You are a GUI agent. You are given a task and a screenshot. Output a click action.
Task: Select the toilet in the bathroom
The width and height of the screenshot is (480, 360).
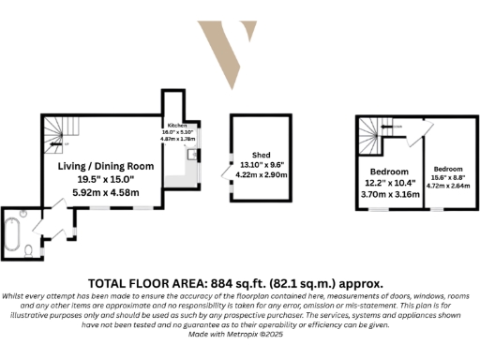click(30, 250)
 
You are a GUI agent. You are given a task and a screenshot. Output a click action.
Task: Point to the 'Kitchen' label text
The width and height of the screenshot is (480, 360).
click(178, 126)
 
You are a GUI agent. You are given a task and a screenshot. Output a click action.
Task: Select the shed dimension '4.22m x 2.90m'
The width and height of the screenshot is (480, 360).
click(261, 175)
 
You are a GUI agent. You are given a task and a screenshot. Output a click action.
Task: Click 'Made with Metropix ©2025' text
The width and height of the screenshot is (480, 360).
click(239, 334)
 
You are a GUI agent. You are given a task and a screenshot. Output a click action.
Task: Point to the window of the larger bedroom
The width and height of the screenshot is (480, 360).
click(378, 210)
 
